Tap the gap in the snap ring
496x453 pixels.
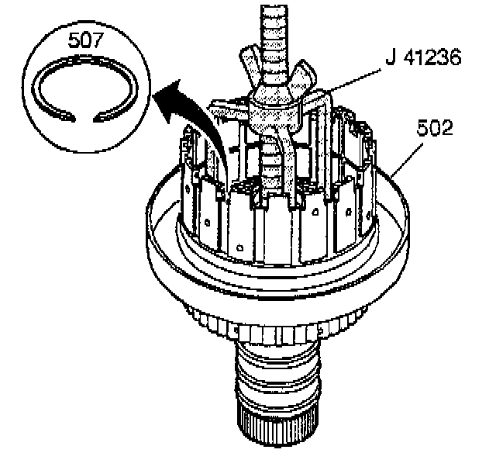pos(81,117)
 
